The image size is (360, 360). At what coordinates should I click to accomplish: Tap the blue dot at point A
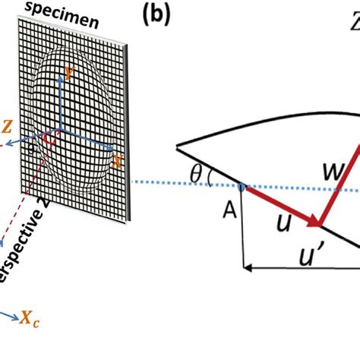click(x=241, y=185)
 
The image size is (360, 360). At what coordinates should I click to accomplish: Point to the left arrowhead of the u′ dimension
click(x=245, y=267)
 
